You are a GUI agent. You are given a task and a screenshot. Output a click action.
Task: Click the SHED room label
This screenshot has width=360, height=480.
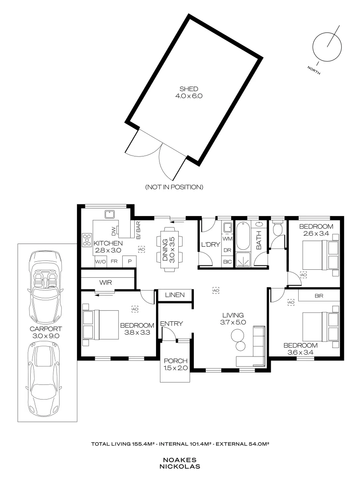tap(188, 89)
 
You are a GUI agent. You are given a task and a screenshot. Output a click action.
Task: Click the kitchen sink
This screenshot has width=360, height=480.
tap(109, 214)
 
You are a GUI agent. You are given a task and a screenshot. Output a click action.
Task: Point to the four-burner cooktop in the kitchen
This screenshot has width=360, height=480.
tap(87, 240)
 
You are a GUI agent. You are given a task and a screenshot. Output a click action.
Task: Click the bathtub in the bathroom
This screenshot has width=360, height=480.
tap(243, 236)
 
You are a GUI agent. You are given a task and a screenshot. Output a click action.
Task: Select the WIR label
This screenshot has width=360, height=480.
tap(106, 282)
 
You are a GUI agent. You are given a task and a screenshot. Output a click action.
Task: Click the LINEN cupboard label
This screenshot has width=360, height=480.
tap(175, 295)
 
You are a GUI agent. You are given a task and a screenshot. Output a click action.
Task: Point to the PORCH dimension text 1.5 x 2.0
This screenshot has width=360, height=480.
tap(176, 368)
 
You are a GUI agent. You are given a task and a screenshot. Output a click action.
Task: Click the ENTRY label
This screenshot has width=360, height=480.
tap(172, 324)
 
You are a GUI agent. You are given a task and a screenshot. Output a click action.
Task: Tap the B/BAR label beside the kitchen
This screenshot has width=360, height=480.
tap(138, 231)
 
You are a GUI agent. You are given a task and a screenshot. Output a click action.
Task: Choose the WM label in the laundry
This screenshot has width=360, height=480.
tap(227, 239)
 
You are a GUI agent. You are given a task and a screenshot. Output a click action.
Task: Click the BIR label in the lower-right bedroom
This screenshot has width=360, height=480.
tap(319, 296)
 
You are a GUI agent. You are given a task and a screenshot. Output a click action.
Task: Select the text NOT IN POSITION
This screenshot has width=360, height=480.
tap(174, 187)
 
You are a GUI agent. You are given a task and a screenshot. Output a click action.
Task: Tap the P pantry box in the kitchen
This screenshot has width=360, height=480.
tap(129, 262)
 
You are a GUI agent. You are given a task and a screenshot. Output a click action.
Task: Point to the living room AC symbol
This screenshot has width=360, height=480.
tap(216, 290)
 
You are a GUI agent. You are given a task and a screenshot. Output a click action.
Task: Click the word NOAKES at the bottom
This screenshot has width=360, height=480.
tap(180, 460)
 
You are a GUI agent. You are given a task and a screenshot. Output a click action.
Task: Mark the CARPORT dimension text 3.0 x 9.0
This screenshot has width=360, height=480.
tap(46, 336)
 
